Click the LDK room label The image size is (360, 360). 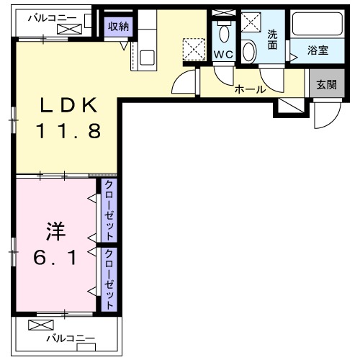68,107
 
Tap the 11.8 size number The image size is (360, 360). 69,131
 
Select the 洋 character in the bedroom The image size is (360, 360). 56,232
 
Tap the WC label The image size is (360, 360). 222,55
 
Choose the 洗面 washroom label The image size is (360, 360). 272,40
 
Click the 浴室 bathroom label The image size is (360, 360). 318,51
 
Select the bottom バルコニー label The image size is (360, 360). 70,337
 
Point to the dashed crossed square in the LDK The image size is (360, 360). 194,49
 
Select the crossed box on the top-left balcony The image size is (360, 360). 71,29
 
